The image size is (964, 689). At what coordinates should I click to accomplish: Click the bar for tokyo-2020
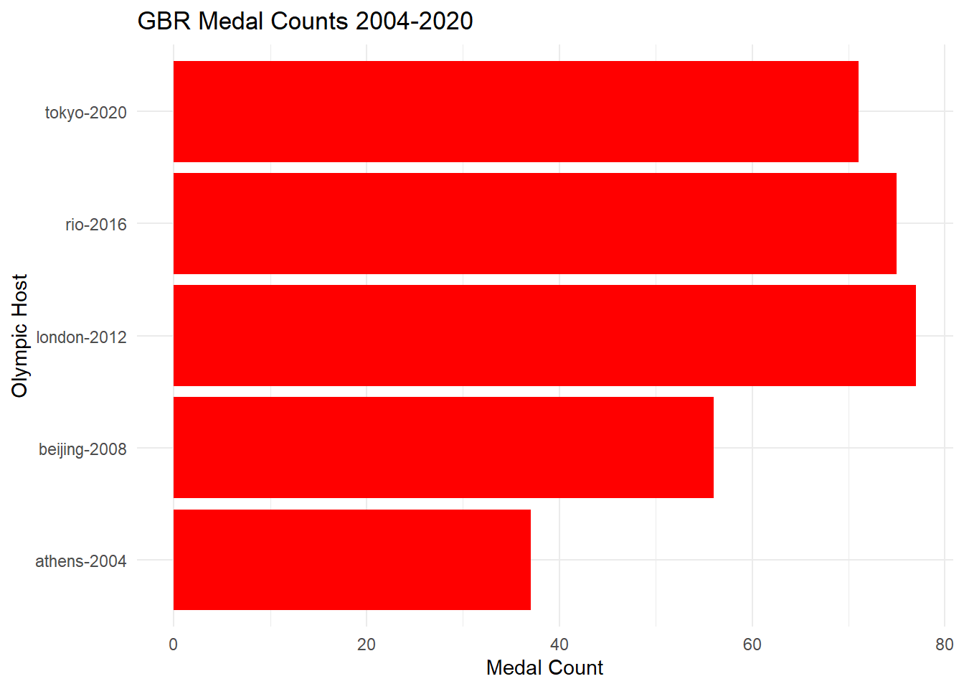click(516, 111)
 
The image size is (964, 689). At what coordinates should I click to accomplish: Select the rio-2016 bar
click(534, 223)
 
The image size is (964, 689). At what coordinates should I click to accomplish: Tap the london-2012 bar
click(544, 335)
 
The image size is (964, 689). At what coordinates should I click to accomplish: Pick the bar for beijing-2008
click(443, 447)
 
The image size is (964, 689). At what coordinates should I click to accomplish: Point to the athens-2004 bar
click(351, 560)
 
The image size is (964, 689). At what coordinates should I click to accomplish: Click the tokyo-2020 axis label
click(85, 113)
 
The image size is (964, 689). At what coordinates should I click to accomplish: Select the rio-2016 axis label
click(95, 225)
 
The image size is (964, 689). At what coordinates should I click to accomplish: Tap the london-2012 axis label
click(81, 337)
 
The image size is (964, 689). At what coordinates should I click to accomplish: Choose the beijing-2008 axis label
click(82, 449)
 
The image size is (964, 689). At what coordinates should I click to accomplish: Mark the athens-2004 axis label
click(80, 561)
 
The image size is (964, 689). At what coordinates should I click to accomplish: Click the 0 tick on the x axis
click(173, 645)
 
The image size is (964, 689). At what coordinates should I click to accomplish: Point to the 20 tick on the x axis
click(366, 645)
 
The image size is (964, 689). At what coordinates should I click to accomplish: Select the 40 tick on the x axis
click(559, 645)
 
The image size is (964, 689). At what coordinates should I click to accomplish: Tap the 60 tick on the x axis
click(752, 645)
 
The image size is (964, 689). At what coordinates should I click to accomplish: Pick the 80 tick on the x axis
click(945, 645)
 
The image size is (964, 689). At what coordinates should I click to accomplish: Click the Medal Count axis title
click(544, 668)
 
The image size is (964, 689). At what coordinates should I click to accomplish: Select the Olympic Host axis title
click(19, 335)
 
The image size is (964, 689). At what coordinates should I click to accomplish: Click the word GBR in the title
click(164, 22)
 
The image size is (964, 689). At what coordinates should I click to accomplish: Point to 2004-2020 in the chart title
click(414, 22)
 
